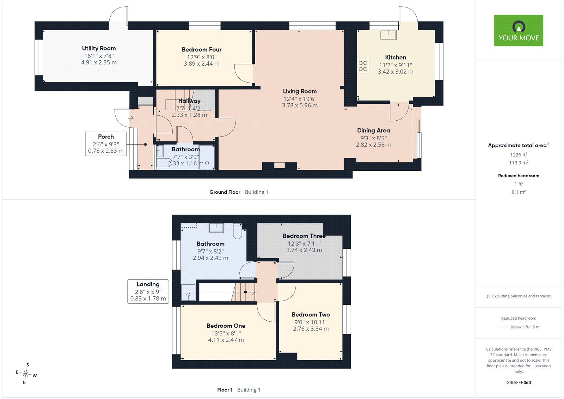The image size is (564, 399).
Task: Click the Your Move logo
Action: [519, 30]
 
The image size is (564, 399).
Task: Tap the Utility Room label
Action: [99, 48]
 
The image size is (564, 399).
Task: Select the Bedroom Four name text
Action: [202, 49]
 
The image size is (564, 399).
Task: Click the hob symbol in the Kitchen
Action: [363, 66]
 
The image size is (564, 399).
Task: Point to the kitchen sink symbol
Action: [388, 35]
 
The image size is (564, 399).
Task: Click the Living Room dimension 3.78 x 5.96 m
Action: [300, 105]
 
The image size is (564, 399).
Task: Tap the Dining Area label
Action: [373, 130]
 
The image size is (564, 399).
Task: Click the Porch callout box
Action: [106, 144]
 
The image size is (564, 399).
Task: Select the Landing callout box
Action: [148, 291]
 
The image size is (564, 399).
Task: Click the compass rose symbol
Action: [26, 374]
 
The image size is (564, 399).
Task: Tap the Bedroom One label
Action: [226, 326]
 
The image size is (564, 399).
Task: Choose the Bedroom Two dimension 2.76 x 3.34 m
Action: [311, 329]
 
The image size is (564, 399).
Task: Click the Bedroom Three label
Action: [304, 236]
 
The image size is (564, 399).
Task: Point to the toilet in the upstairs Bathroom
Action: [238, 231]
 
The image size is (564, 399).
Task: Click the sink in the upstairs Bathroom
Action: [216, 228]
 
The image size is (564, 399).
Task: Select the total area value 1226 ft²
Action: [519, 155]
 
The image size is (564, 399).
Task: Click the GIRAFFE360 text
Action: [519, 382]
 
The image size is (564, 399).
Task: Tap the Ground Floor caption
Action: [225, 192]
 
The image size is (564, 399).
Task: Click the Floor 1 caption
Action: [225, 390]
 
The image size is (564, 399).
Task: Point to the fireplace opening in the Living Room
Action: [279, 165]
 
